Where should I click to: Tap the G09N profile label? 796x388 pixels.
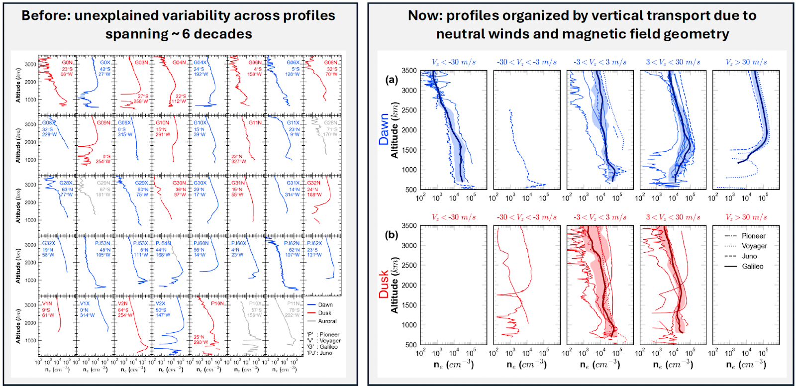pyautogui.click(x=103, y=123)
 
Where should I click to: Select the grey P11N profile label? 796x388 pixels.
pyautogui.click(x=294, y=303)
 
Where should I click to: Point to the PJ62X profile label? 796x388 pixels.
pyautogui.click(x=314, y=244)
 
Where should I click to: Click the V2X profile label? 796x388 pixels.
pyautogui.click(x=160, y=303)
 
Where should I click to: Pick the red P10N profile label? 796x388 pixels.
pyautogui.click(x=217, y=303)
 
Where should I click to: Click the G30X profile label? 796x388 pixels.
pyautogui.click(x=200, y=183)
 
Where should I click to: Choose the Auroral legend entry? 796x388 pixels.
pyautogui.click(x=327, y=321)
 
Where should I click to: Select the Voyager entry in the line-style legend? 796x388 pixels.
pyautogui.click(x=754, y=246)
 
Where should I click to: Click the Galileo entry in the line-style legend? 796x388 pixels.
pyautogui.click(x=752, y=266)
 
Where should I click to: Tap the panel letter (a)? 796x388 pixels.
pyautogui.click(x=392, y=80)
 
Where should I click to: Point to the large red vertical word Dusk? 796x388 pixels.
pyautogui.click(x=384, y=284)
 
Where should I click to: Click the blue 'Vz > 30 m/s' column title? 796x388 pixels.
pyautogui.click(x=746, y=62)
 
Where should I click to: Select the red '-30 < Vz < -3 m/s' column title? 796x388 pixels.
pyautogui.click(x=527, y=217)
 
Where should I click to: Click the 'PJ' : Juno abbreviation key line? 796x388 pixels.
pyautogui.click(x=319, y=353)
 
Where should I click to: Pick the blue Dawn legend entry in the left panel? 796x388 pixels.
pyautogui.click(x=325, y=305)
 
